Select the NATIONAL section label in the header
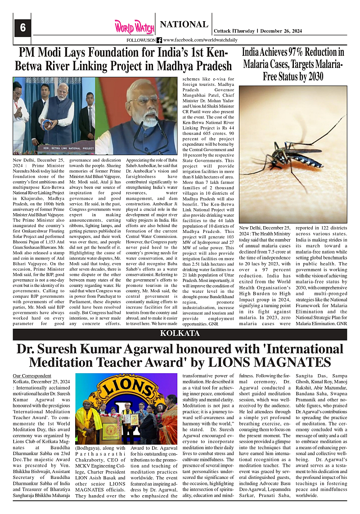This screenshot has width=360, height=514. (184, 24)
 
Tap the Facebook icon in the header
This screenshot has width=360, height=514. (159, 40)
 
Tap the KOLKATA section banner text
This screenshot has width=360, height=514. (180, 333)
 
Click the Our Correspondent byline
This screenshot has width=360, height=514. (32, 375)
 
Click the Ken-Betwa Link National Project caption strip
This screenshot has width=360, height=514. (68, 147)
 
